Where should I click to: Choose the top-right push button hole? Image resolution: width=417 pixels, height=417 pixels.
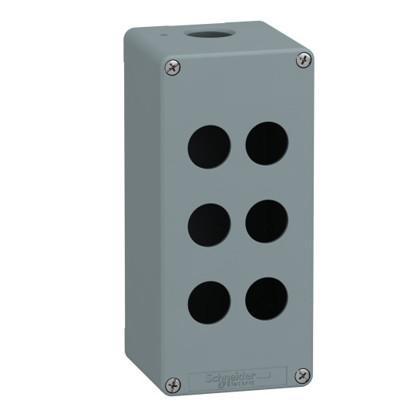click(266, 140)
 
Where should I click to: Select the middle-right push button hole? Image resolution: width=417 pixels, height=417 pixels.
click(266, 219)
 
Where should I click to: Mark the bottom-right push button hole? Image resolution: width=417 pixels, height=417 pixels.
click(266, 298)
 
